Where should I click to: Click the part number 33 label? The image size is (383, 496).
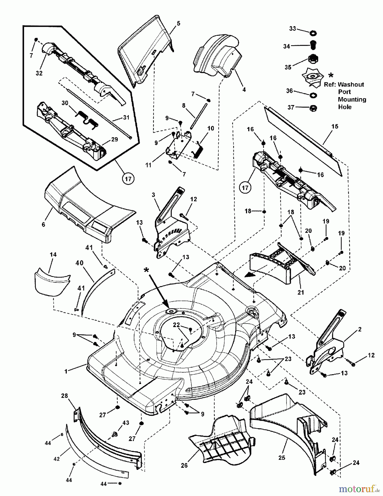pyautogui.click(x=292, y=28)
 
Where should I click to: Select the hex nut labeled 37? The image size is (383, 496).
pyautogui.click(x=313, y=107)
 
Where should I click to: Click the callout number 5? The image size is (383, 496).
pyautogui.click(x=178, y=23)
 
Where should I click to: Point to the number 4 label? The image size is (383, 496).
pyautogui.click(x=244, y=90)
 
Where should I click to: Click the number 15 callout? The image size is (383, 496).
pyautogui.click(x=335, y=126)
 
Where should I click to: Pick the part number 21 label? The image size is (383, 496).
pyautogui.click(x=301, y=292)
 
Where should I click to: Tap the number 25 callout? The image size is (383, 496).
pyautogui.click(x=282, y=458)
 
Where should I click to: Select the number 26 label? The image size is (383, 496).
pyautogui.click(x=184, y=465)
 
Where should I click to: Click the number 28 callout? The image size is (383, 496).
pyautogui.click(x=65, y=396)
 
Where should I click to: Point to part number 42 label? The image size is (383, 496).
pyautogui.click(x=57, y=459)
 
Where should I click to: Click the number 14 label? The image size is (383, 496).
pyautogui.click(x=53, y=255)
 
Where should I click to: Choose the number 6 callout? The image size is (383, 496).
pyautogui.click(x=43, y=225)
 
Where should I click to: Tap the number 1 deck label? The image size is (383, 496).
pyautogui.click(x=66, y=371)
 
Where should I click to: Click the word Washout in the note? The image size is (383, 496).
pyautogui.click(x=351, y=85)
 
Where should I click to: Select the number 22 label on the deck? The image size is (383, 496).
pyautogui.click(x=176, y=325)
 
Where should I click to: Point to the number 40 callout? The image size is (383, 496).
pyautogui.click(x=79, y=263)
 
